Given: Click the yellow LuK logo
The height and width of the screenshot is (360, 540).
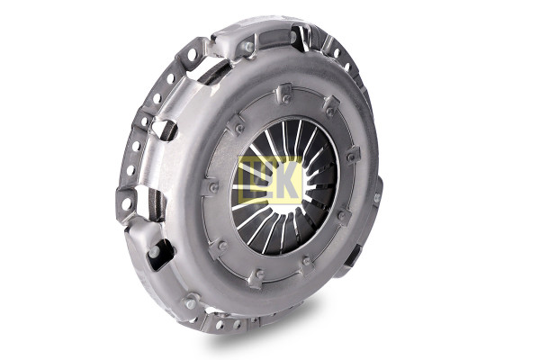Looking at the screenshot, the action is click(271, 179).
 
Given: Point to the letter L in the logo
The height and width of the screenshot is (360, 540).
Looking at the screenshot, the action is click(249, 179).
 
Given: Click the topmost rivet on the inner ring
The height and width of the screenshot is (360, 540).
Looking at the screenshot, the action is click(286, 100).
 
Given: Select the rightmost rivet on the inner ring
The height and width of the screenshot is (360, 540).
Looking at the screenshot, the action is click(351, 157).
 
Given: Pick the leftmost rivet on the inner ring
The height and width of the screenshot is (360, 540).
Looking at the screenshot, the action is click(214, 188).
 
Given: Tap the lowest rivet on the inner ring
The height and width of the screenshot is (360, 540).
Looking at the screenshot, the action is click(260, 274).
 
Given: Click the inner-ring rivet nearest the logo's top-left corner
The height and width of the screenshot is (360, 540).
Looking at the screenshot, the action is click(239, 129).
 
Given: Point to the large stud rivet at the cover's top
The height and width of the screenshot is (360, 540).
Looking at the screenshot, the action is click(249, 47).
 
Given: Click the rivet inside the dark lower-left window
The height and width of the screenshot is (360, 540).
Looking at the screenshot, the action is click(153, 253).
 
